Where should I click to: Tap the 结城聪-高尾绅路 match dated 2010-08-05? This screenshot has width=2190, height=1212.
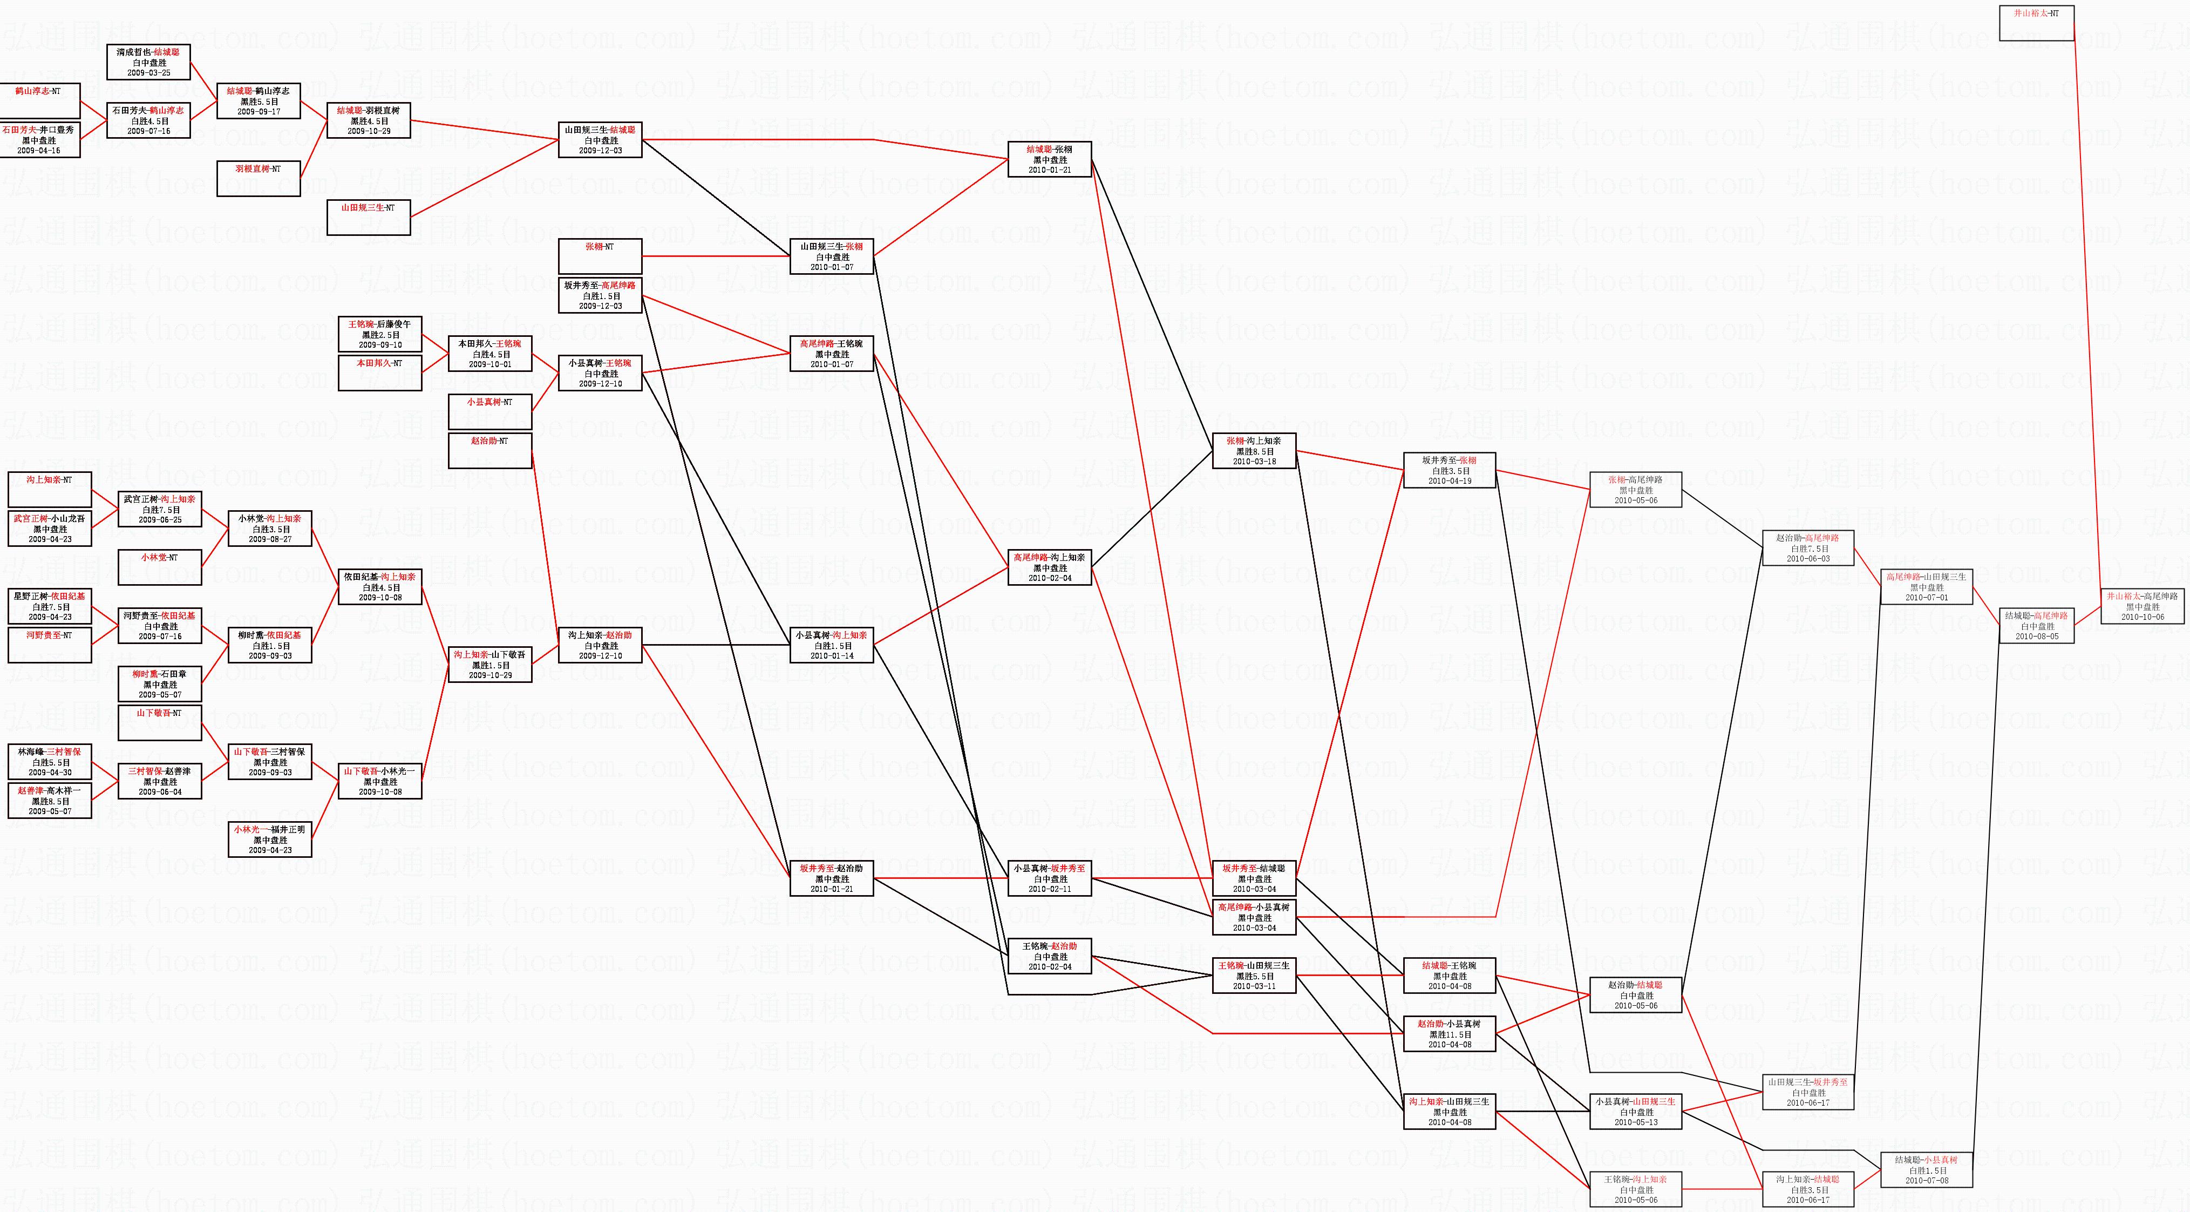pos(2036,626)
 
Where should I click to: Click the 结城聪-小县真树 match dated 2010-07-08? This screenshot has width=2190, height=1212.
pos(1926,1170)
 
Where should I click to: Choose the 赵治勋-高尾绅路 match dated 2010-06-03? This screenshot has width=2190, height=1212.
pos(1807,549)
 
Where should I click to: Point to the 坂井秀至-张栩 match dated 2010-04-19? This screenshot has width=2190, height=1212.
pos(1450,470)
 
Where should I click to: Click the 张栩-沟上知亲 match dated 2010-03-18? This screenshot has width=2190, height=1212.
pos(1255,451)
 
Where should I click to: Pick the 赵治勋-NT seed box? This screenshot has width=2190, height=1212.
pos(489,451)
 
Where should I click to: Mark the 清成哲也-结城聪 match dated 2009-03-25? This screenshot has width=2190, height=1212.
pos(149,62)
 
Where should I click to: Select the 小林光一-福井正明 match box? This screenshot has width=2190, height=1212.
pos(270,839)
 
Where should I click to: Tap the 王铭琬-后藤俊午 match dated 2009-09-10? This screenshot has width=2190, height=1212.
pos(379,334)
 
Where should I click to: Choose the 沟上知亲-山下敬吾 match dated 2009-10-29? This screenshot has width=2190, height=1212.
pos(489,664)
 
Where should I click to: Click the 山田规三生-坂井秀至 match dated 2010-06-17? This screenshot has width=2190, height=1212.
pos(1807,1092)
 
